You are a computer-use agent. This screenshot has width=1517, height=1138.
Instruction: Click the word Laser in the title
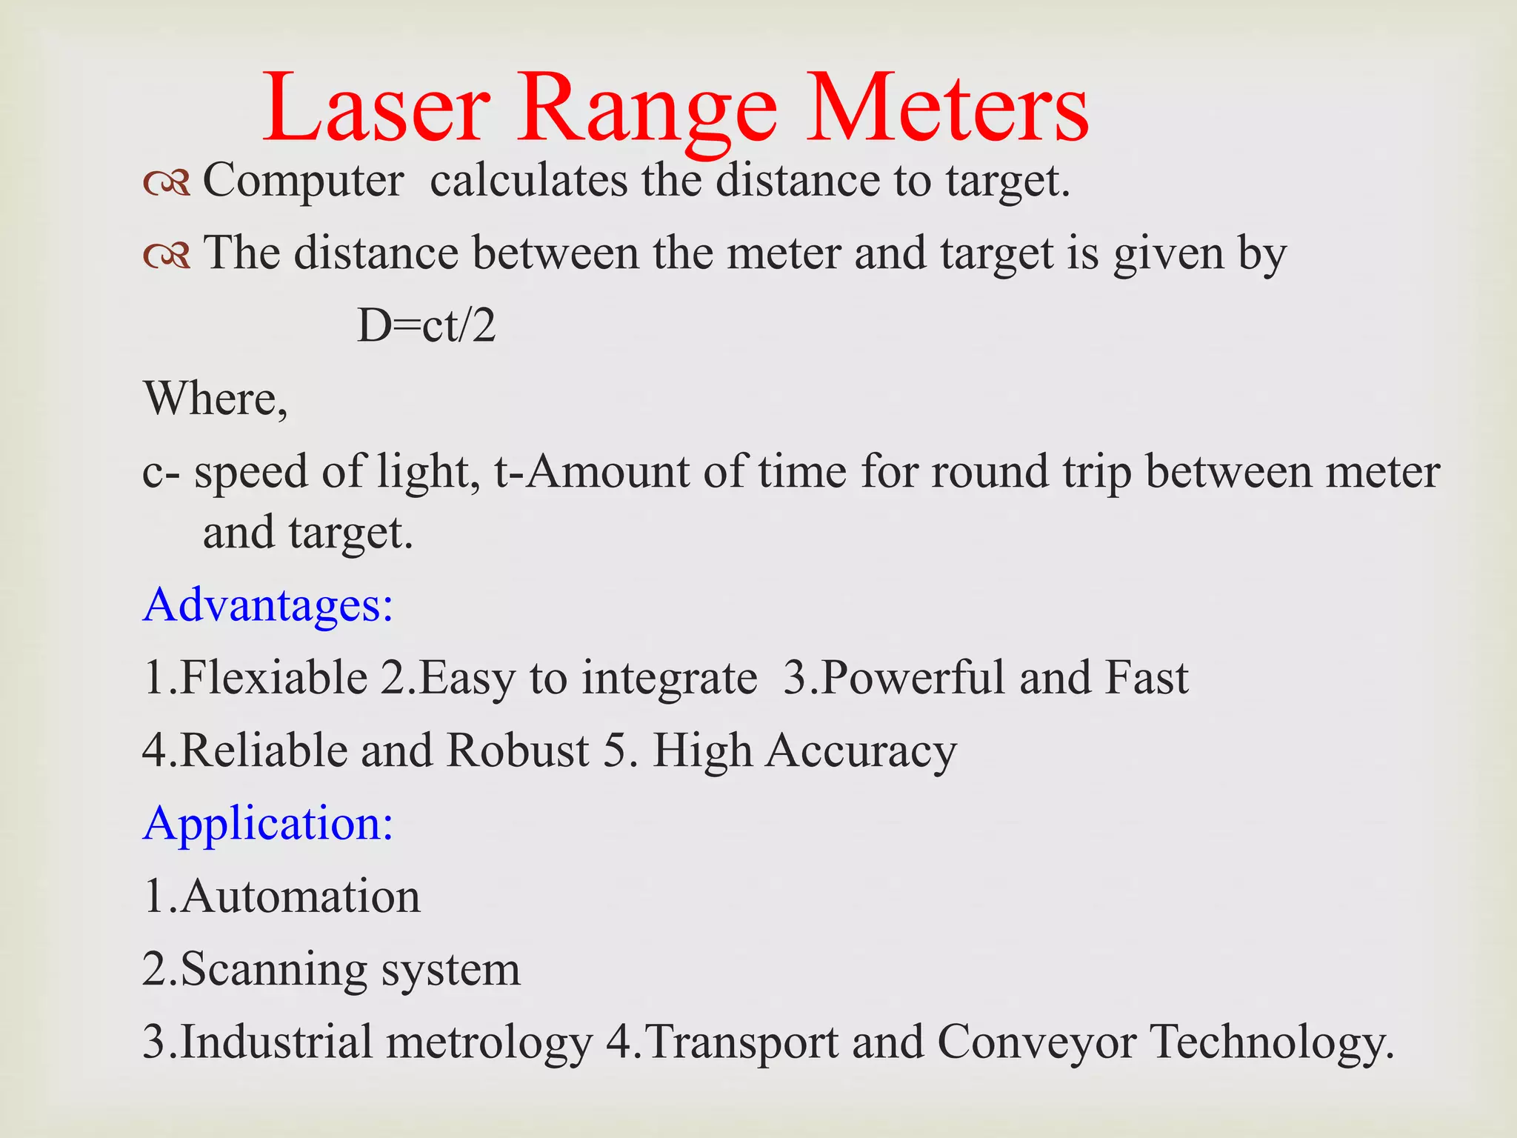coord(376,109)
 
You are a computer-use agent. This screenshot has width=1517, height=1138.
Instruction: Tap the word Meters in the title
coord(947,109)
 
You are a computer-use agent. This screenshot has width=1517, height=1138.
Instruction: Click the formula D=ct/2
coord(426,326)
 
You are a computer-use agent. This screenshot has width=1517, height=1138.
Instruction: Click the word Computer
coord(303,182)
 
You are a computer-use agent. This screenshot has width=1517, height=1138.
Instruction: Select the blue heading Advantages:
coord(267,605)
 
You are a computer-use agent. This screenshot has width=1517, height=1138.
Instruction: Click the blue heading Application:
coord(267,825)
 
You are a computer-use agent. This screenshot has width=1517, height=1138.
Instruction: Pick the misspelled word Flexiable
coord(273,677)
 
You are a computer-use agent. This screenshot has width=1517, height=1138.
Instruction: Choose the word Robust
coord(518,751)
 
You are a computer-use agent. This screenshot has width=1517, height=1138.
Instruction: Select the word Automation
coord(300,896)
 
